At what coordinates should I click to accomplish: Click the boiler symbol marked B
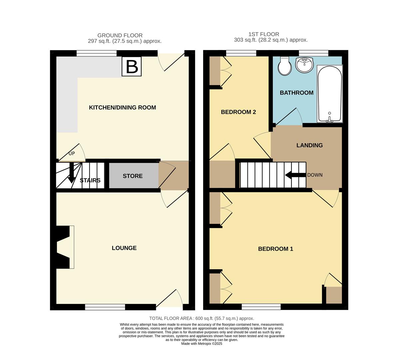132,66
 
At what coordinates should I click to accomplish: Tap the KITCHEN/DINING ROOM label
122,107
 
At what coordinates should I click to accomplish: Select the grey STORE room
133,176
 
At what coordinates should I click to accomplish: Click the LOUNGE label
124,248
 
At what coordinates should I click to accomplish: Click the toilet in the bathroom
284,66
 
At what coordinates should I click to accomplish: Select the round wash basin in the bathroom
304,65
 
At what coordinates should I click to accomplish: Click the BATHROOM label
296,93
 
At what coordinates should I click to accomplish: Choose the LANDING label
309,145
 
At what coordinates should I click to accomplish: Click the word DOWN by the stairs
314,175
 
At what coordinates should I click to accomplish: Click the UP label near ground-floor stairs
72,154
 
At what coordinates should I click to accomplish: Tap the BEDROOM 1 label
275,249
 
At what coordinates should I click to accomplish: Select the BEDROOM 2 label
238,112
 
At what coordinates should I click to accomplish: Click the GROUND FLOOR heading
120,35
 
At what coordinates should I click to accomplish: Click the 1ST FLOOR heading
263,34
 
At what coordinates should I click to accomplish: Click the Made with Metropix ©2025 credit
201,344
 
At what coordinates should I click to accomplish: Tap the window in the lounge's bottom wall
105,307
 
